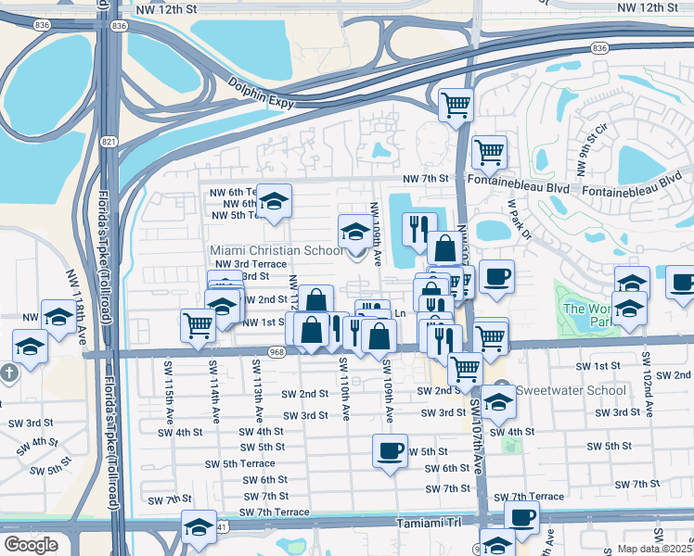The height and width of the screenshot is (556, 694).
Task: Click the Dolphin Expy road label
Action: point(261,92)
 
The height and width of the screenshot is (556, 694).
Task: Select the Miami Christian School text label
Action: point(276,250)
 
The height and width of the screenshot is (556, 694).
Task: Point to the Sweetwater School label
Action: point(572,389)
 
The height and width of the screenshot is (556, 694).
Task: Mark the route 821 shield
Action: point(110,141)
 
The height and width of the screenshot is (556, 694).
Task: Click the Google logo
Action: point(31,544)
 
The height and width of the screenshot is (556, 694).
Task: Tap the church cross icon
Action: point(10,374)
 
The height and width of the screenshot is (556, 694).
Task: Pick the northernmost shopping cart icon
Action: point(456,104)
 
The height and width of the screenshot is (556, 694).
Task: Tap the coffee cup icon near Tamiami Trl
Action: point(521,517)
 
